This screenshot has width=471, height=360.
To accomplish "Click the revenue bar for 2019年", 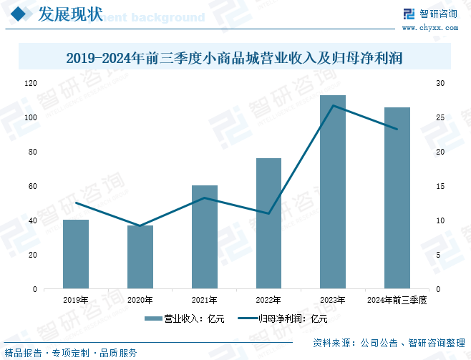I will [x=76, y=254].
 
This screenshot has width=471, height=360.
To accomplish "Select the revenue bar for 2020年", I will [x=140, y=257].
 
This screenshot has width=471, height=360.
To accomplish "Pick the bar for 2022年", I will [x=268, y=223].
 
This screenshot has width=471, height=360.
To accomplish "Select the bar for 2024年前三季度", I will [x=397, y=198].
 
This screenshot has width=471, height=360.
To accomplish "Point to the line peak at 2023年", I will [x=333, y=106].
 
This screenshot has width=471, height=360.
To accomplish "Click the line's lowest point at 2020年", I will [x=140, y=226].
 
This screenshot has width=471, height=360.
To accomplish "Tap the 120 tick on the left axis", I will [x=30, y=83].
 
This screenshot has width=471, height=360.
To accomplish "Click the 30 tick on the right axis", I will [x=441, y=83].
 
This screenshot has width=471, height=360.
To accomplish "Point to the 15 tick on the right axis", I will [x=441, y=186].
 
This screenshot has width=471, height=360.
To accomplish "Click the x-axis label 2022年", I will [x=268, y=300].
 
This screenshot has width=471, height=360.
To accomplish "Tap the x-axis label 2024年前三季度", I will [x=397, y=300].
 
